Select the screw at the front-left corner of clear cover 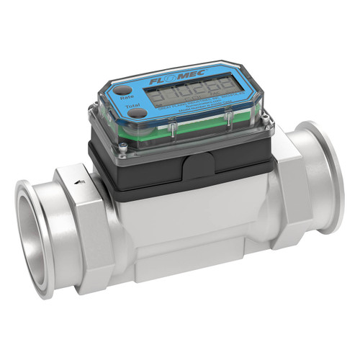124,148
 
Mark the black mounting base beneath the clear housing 144,173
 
